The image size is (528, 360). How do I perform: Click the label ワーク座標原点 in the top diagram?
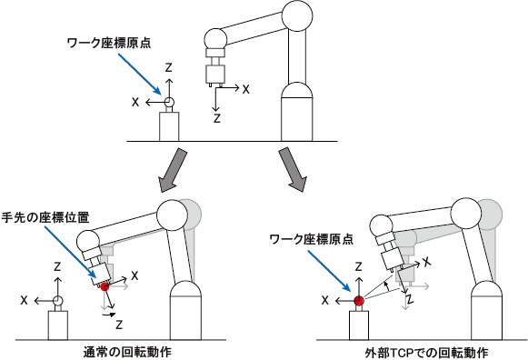click(109, 43)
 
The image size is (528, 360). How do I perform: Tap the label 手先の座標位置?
click(45, 217)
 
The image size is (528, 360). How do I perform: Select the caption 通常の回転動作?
click(127, 352)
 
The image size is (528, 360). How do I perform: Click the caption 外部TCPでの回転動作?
click(426, 353)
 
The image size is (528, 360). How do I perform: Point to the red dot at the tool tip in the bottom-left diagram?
click(105, 287)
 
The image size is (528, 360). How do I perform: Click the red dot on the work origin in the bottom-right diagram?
click(359, 300)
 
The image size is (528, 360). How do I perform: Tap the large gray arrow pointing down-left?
click(172, 170)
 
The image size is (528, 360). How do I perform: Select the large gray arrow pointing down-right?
click(293, 169)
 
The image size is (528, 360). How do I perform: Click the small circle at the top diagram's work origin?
click(169, 102)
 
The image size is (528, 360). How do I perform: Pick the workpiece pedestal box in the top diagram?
click(169, 126)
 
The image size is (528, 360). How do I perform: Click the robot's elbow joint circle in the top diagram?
click(297, 15)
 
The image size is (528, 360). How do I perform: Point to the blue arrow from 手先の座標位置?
click(70, 252)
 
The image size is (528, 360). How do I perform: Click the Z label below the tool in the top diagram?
click(217, 118)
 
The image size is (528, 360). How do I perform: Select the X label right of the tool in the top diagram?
click(245, 89)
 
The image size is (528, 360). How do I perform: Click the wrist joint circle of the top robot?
click(216, 39)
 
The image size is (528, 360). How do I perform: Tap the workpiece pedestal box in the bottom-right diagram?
click(359, 325)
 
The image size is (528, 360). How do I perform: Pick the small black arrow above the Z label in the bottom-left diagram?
click(109, 315)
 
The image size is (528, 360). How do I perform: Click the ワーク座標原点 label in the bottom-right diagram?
click(312, 239)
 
